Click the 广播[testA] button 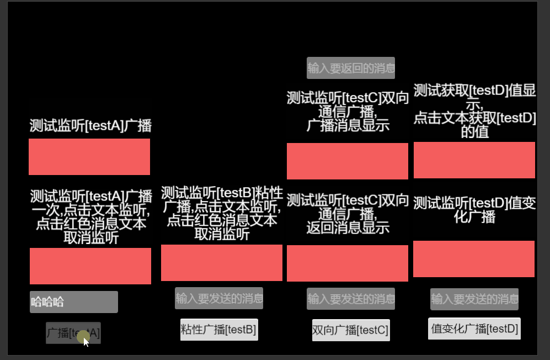tap(73, 333)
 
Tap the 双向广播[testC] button tap(351, 330)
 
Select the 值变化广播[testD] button tap(474, 329)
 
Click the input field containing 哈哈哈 tap(74, 302)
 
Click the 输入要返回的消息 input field tap(351, 68)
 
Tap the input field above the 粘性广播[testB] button tap(219, 298)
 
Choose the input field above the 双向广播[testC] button tap(351, 299)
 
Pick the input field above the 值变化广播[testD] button tap(474, 299)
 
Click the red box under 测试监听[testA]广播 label tap(89, 157)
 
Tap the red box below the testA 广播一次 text tap(90, 266)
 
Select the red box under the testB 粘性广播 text tap(222, 263)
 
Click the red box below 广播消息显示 tap(348, 161)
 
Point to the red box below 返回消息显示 tap(348, 263)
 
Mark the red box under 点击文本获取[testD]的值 tap(474, 160)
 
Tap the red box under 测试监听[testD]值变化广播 tap(474, 259)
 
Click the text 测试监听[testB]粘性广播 tap(222, 213)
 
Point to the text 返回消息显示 tap(348, 227)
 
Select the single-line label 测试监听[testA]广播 tap(90, 126)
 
